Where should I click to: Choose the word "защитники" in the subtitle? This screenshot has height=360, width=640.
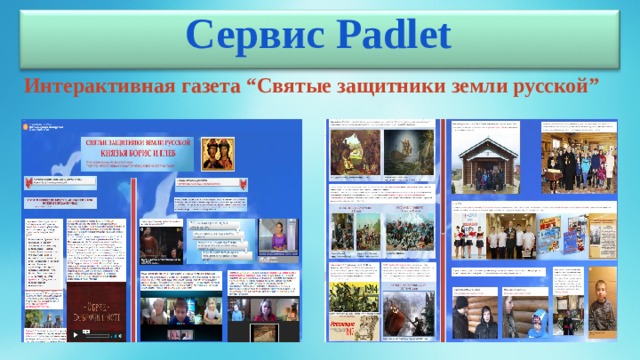coord(386,87)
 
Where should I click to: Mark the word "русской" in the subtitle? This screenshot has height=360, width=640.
coord(550,87)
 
